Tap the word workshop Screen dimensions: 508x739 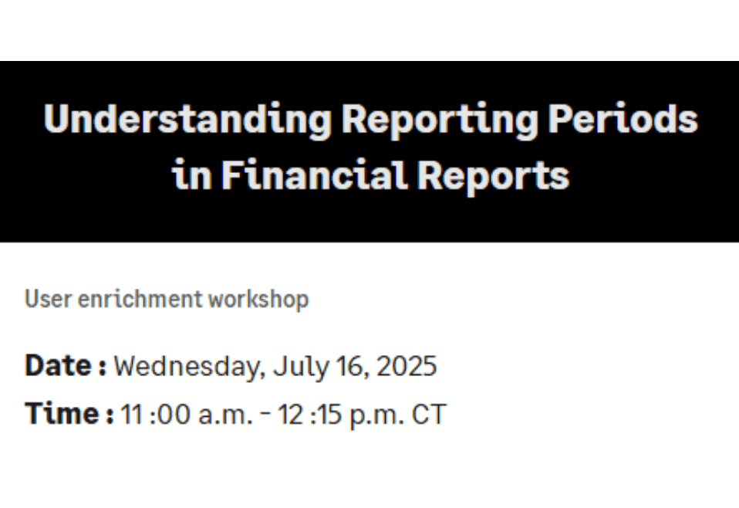coord(258,299)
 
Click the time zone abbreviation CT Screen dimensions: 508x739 coord(429,415)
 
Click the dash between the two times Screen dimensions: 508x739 coord(265,415)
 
